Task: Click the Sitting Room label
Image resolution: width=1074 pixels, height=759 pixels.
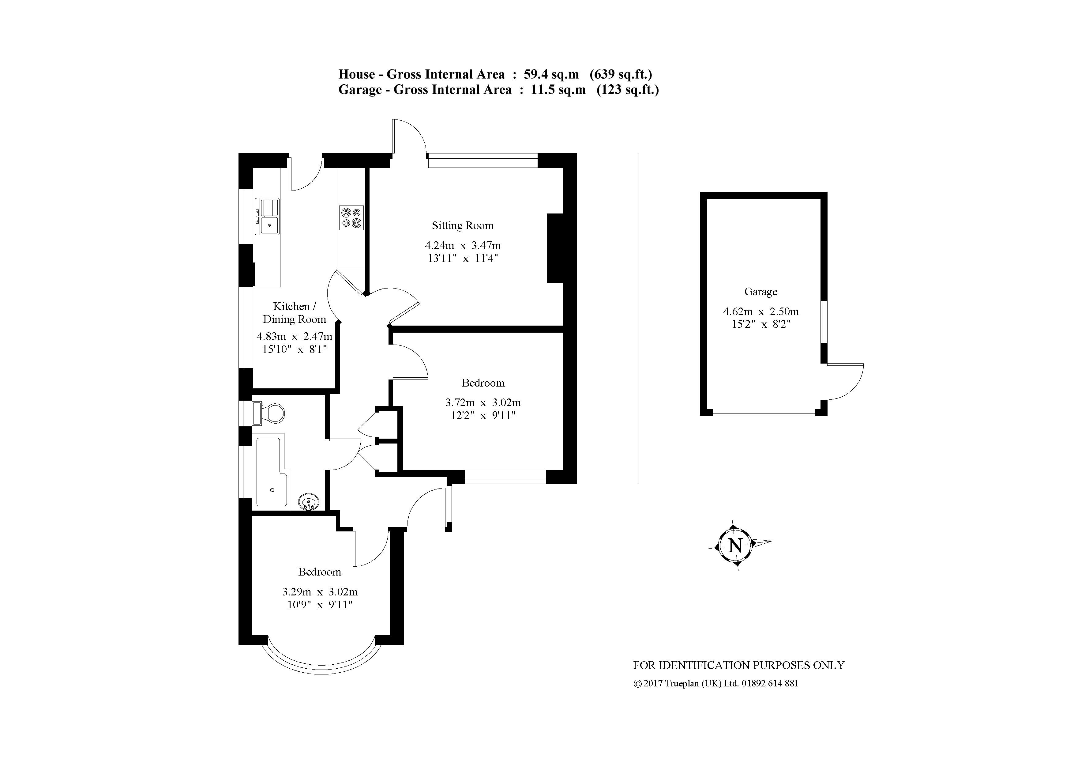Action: click(462, 225)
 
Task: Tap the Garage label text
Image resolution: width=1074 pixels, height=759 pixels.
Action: click(760, 292)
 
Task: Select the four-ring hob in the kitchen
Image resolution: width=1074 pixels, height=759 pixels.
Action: click(351, 217)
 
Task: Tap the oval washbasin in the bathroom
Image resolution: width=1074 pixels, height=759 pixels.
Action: click(309, 503)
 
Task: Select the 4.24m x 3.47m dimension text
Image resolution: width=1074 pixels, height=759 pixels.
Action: click(462, 245)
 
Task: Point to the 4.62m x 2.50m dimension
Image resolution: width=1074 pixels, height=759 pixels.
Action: click(760, 311)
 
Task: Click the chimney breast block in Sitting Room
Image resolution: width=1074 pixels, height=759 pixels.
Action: click(555, 248)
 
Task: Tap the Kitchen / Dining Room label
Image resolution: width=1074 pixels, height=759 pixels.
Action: click(294, 313)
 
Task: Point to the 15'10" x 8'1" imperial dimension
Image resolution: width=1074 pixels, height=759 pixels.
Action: click(294, 349)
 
